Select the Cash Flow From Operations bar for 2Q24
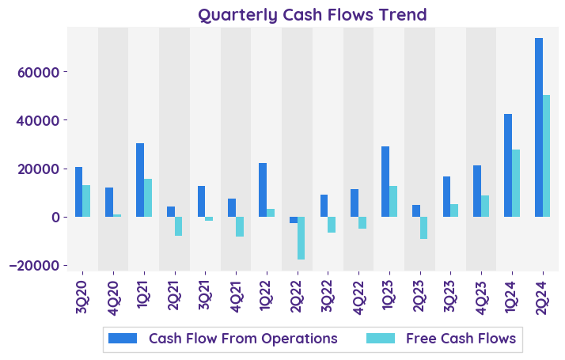tap(539, 127)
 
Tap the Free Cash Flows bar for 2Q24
tap(546, 156)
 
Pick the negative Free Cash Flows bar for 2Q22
tap(301, 238)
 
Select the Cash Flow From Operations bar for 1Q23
tap(385, 182)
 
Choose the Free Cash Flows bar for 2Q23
tap(424, 228)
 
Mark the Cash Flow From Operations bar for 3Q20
tap(78, 192)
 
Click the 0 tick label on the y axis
tap(55, 217)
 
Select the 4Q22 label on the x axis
tap(358, 296)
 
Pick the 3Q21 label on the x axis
tap(204, 296)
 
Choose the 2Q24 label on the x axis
tap(542, 296)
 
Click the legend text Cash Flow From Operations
tap(243, 339)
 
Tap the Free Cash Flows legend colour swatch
tap(382, 339)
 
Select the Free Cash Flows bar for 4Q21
tap(240, 227)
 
